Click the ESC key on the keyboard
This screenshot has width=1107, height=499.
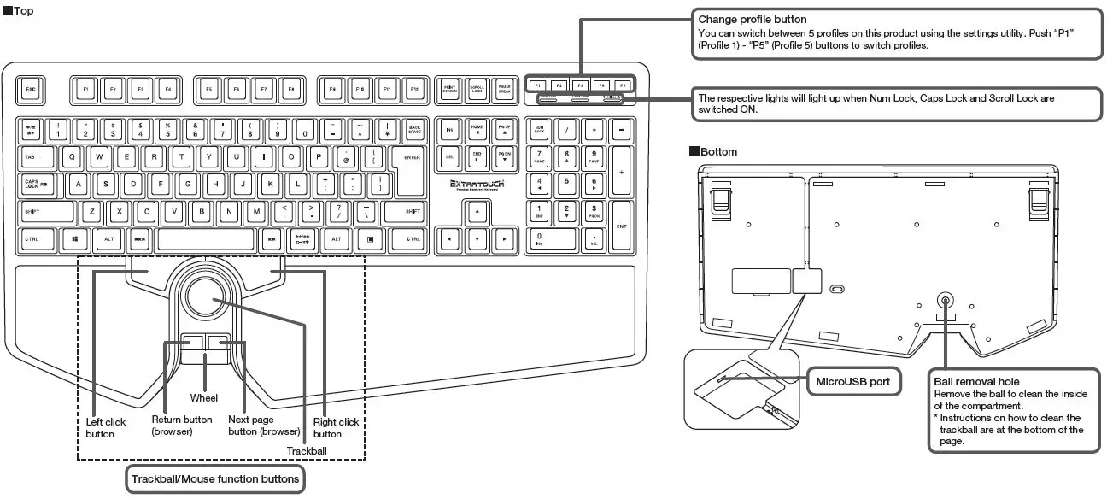click(x=31, y=88)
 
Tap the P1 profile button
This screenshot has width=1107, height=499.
click(x=536, y=85)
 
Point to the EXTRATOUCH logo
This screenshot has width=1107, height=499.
click(x=477, y=185)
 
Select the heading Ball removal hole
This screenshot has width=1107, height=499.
click(x=976, y=381)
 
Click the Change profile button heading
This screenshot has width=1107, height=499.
click(x=753, y=19)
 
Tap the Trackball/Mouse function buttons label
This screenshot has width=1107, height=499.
click(x=214, y=478)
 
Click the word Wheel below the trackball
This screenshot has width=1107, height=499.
click(x=204, y=398)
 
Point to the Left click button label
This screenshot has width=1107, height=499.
click(x=106, y=428)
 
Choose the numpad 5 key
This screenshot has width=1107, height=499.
click(x=565, y=182)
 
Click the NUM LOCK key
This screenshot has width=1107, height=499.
click(x=539, y=130)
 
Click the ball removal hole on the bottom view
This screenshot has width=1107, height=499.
click(x=946, y=300)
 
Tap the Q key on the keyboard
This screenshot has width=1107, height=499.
click(x=72, y=157)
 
